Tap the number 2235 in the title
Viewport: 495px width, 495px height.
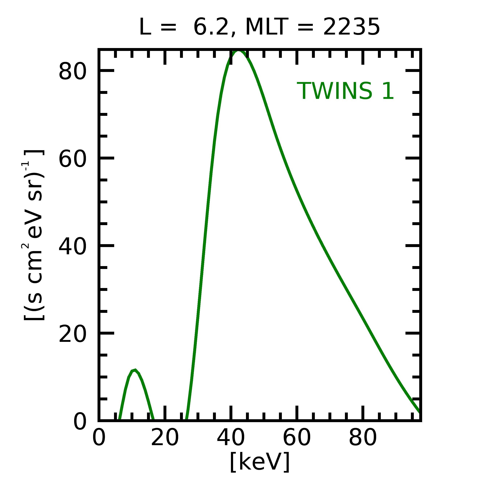351,27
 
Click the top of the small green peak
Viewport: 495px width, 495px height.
135,370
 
